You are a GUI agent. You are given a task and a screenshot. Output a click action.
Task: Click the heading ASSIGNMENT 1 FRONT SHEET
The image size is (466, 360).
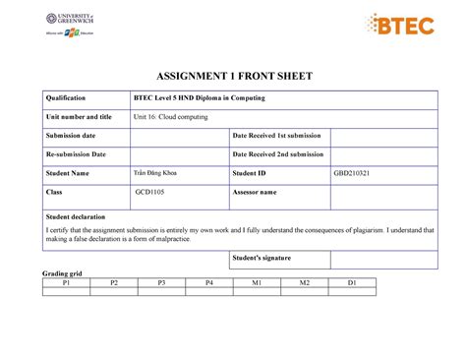coord(233,76)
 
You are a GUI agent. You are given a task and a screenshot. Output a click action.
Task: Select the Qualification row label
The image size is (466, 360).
coord(61,98)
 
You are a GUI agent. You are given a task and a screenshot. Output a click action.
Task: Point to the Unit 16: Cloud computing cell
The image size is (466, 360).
coord(171,117)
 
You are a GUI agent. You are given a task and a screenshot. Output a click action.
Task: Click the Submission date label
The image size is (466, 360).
coord(64,136)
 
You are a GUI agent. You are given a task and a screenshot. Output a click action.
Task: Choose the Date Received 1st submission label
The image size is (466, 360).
coord(277,136)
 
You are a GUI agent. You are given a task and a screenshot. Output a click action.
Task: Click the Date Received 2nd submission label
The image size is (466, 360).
coord(278,154)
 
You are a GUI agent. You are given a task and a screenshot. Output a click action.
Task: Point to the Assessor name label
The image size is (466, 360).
coord(261,193)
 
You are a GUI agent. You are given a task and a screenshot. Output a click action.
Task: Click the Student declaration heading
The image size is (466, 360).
coord(75,215)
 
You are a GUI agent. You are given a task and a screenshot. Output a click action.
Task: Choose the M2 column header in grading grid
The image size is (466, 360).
coord(305,282)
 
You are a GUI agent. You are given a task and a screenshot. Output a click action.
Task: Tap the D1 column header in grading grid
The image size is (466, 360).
coord(352,282)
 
